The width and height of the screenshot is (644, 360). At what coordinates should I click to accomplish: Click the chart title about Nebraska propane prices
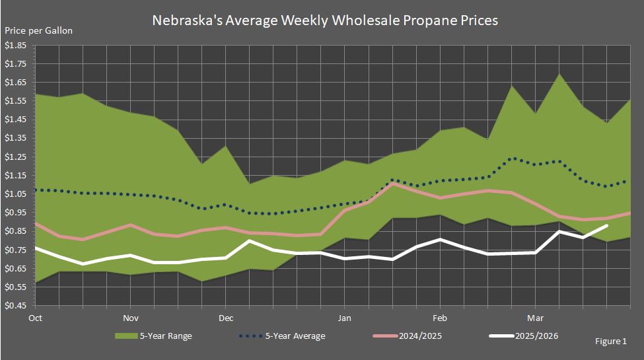(x=325, y=20)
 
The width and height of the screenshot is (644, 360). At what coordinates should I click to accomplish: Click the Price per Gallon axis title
(x=39, y=30)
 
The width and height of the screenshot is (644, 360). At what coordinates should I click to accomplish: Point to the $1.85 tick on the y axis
(x=16, y=46)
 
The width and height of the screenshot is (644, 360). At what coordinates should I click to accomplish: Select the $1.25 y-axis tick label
(x=16, y=157)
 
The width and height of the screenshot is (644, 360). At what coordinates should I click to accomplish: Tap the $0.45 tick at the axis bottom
(x=16, y=306)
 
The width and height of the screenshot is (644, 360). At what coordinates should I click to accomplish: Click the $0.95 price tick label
(x=16, y=213)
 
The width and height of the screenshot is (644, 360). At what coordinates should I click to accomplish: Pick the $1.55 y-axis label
(x=16, y=101)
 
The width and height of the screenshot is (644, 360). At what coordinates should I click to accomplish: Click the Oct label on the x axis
(x=35, y=317)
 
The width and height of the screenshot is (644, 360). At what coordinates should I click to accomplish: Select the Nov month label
(x=130, y=317)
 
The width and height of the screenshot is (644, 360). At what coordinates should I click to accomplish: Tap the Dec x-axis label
(x=226, y=317)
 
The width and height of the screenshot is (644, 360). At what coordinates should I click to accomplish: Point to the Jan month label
(x=344, y=317)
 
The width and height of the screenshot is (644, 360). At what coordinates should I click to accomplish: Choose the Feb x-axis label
(x=440, y=317)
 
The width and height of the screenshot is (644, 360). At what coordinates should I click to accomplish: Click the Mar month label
(x=535, y=317)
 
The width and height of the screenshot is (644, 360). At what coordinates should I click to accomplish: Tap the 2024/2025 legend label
(x=421, y=336)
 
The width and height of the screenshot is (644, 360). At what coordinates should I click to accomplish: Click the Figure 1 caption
(x=611, y=342)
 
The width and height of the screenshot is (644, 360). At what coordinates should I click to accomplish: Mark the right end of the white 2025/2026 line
(x=606, y=226)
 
